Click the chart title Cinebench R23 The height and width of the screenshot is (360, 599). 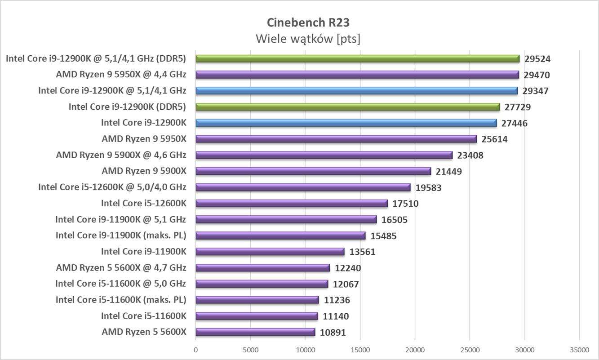pos(308,22)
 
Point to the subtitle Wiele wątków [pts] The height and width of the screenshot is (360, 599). pos(308,39)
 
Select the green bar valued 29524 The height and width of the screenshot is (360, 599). pos(357,58)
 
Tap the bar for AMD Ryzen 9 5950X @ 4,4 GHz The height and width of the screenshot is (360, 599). pos(357,75)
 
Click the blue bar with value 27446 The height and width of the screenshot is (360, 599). pos(346,123)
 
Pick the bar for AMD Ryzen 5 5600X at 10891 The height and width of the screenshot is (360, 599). pos(255,332)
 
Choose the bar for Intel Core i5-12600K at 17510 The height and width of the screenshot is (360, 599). pos(292,203)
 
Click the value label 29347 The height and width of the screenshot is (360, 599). pos(536,91)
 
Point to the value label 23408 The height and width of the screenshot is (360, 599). pos(471,155)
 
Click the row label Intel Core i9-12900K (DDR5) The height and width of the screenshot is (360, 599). pos(127,107)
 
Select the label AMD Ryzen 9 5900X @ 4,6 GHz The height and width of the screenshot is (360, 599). pos(121,155)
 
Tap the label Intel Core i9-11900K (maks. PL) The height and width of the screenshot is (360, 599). pos(121,235)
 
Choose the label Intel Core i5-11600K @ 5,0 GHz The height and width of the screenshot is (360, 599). pos(120,284)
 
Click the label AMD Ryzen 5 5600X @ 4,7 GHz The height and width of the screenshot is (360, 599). pos(121,268)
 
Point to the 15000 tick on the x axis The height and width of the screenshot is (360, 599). pos(360,350)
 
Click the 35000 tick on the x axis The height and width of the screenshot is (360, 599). pos(579,350)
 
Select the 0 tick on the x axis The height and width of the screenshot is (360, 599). pos(195,350)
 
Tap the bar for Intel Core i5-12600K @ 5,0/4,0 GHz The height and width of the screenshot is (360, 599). pos(303,187)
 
